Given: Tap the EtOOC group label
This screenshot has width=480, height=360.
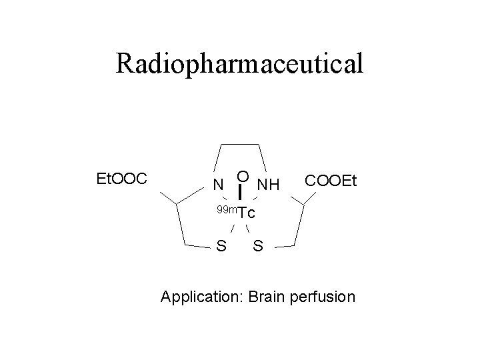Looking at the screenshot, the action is coord(126,179).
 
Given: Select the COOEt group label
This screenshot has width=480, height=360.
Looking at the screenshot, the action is coord(331,181).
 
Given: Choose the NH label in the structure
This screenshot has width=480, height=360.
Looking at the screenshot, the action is coord(269,183).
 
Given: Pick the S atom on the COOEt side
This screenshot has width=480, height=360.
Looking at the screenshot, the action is coord(259,247).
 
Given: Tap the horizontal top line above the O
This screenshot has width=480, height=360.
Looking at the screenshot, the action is coord(241,141).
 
